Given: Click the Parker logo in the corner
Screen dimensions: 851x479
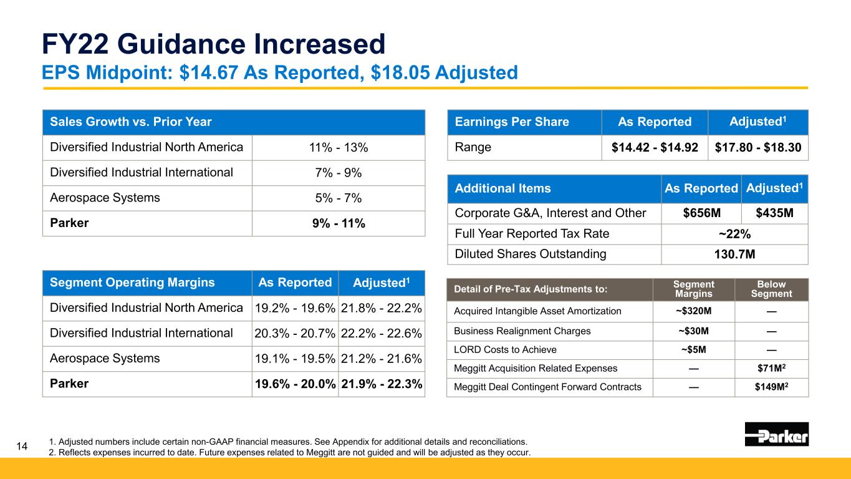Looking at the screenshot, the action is point(777,433).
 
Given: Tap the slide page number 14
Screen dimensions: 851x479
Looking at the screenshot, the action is point(22,446).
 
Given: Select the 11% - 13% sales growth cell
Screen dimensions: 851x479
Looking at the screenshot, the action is point(339,147).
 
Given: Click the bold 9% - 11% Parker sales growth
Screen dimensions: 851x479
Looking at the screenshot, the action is point(339,223).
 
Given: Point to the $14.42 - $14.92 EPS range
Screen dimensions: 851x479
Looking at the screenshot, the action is point(655,147).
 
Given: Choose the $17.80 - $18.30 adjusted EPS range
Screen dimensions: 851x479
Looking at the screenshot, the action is point(758,147).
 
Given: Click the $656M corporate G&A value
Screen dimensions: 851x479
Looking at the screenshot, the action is point(702,213).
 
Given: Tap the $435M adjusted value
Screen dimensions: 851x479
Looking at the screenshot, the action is point(774,213).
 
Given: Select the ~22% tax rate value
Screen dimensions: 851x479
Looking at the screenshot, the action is point(734,234).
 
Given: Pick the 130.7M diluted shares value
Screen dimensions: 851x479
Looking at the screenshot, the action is point(734,254).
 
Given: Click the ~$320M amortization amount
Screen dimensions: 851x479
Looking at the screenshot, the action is point(693,311).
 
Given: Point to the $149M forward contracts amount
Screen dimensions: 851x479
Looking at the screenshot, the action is point(771,387).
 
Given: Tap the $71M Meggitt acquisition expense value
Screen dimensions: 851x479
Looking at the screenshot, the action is point(771,368).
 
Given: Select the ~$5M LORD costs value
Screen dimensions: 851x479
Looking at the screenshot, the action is point(693,349).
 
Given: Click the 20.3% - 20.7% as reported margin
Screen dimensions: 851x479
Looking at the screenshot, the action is point(295,334).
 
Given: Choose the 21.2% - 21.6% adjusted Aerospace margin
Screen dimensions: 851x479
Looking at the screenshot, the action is point(381,359).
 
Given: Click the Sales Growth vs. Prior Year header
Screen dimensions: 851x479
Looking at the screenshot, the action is point(131,122).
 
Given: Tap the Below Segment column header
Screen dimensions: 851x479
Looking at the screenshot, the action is point(771,289).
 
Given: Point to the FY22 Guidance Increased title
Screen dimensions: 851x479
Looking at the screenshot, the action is point(213,44).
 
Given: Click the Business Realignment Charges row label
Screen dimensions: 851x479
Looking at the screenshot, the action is point(522,331).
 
